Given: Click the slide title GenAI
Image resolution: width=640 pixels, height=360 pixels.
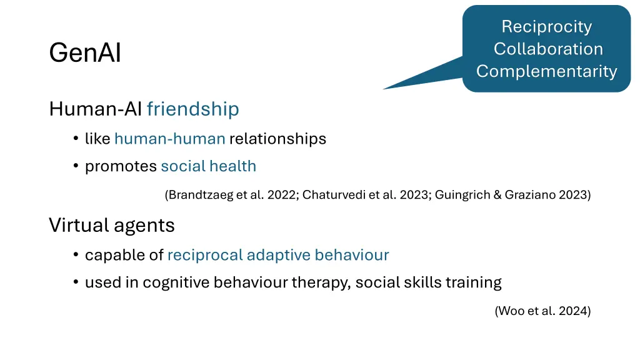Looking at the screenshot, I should pos(85,54).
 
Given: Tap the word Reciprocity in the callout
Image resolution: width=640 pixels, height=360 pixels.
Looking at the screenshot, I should pos(546,27).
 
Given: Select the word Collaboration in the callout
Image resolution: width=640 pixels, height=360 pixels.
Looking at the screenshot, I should pos(547,49).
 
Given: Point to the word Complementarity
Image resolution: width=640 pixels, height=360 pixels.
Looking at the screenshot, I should pos(547,71).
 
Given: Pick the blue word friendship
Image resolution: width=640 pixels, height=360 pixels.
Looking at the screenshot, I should pos(192,109).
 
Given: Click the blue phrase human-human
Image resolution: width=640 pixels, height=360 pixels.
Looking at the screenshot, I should pos(169,139).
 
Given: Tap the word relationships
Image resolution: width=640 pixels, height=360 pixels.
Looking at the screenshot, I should pos(277,139).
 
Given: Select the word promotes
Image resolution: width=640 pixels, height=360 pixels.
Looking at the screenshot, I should pos(121,166).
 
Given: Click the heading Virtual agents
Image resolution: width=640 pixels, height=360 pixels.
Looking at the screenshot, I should pos(112,225).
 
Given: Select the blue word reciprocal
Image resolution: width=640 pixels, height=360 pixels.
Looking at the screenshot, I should pos(204,255).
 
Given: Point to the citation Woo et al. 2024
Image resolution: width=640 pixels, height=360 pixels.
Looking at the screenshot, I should pos(542,311).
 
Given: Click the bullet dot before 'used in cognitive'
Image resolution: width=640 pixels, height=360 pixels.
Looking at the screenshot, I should pos(75,283).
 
